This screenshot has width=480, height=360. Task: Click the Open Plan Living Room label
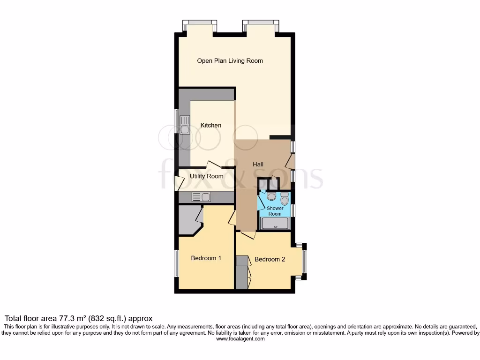coord(230,60)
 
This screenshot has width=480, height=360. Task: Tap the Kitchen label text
coord(211,125)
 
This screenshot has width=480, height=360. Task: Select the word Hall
coord(258,164)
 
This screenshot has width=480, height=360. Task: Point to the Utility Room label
coord(206,176)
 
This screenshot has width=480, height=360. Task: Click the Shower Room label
coord(275,211)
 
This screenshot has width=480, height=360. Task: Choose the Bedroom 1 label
coord(206,258)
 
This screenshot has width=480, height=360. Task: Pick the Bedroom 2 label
coord(270,259)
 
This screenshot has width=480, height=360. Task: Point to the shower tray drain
coord(275,224)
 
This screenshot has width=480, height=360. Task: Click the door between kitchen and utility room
coord(214,164)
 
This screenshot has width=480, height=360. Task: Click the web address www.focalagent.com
coord(240,338)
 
